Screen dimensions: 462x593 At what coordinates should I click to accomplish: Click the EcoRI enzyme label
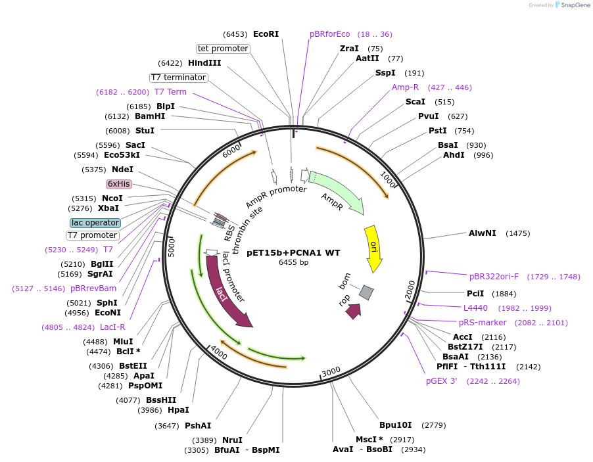coord(266,34)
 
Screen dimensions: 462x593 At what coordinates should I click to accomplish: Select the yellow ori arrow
coord(373,247)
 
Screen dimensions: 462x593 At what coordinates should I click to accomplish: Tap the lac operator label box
coord(95,223)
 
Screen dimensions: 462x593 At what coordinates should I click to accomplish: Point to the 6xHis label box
coord(119,184)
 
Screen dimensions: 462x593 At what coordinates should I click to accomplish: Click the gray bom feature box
coord(366,292)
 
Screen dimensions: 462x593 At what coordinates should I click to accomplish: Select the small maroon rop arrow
coord(354,312)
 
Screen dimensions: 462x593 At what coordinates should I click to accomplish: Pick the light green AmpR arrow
coord(335,191)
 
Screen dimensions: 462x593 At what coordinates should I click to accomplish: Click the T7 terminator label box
coord(178,78)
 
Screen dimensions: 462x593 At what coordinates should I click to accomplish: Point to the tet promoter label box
coord(223,49)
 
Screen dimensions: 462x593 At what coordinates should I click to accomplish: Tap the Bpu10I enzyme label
coord(395,425)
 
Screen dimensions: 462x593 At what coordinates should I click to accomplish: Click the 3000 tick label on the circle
coord(331,371)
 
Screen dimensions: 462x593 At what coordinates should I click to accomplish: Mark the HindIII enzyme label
coord(204,63)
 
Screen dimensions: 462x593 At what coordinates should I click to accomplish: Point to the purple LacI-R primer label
coord(112,327)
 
